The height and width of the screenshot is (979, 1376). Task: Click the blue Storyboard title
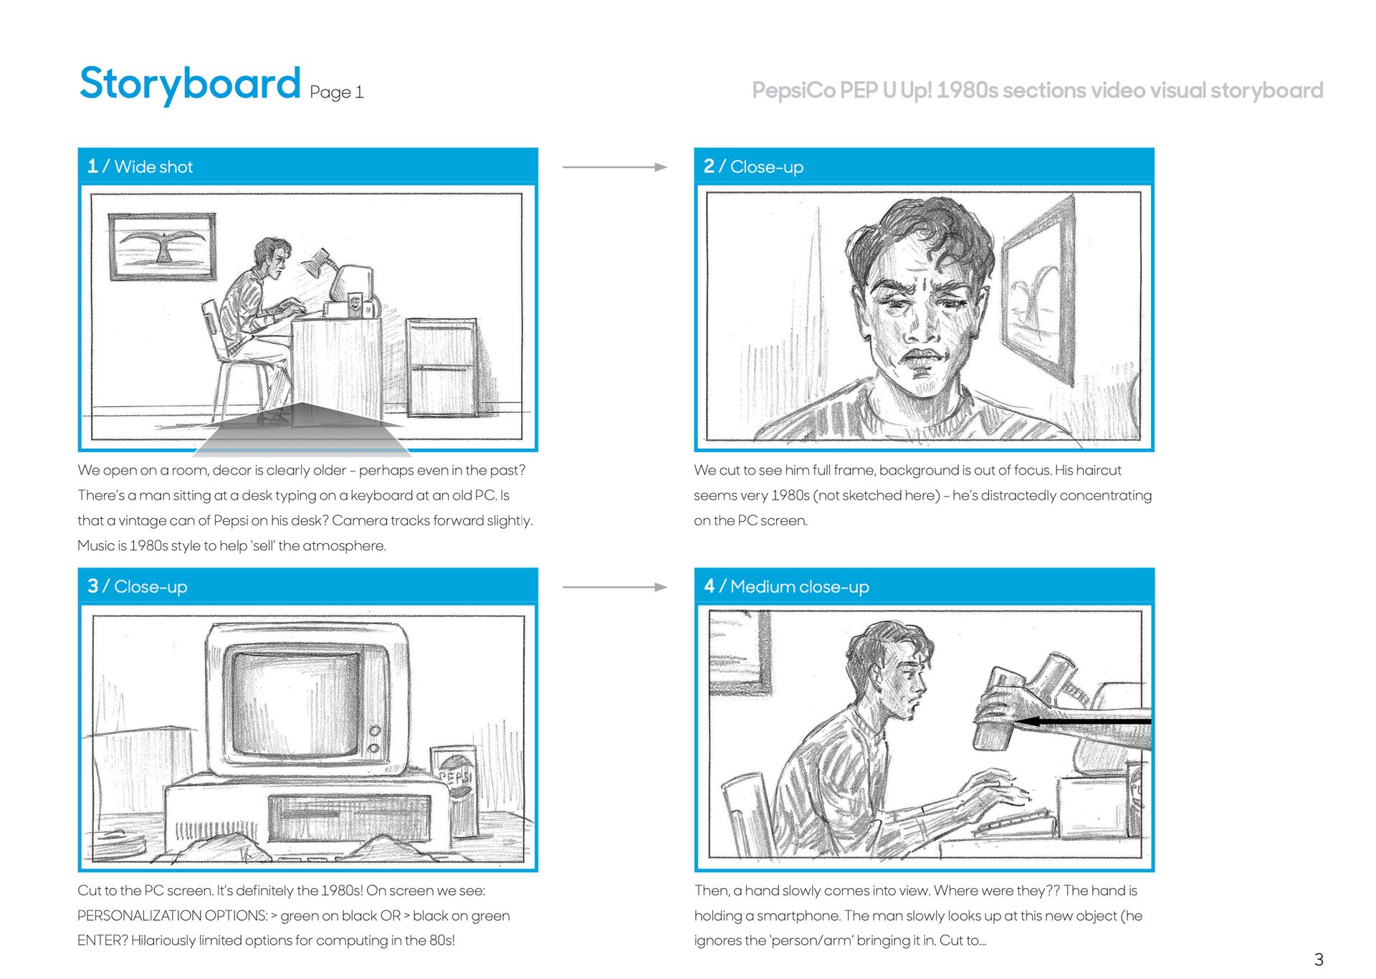click(x=190, y=85)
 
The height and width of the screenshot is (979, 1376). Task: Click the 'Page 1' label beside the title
click(x=337, y=92)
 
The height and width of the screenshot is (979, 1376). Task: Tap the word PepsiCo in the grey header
click(x=793, y=90)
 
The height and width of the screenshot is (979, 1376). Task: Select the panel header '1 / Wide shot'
click(x=140, y=166)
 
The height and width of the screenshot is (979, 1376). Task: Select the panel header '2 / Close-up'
click(x=753, y=166)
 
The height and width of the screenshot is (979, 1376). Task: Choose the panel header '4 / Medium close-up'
click(x=786, y=586)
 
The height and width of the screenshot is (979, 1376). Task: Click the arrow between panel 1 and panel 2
click(x=615, y=167)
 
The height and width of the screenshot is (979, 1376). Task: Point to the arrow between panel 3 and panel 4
click(x=615, y=587)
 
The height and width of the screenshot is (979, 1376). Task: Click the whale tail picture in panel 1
click(x=162, y=247)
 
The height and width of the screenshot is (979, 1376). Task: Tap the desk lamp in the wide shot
click(x=320, y=262)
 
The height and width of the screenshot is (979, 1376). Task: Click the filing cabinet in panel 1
click(x=442, y=367)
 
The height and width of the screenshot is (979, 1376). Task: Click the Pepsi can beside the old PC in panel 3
click(x=454, y=790)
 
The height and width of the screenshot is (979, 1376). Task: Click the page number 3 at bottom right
click(x=1319, y=960)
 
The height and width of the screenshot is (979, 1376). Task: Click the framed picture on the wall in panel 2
click(x=1038, y=290)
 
